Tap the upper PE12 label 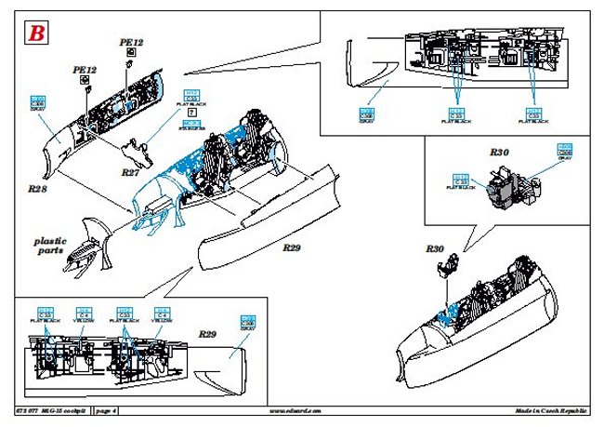pos(132,44)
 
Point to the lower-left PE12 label pos(85,70)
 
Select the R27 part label pos(130,172)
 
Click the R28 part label pos(38,187)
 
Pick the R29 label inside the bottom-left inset pos(207,332)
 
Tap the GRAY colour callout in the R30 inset pos(564,153)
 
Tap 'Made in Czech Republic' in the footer pos(551,410)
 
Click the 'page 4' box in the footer pos(105,410)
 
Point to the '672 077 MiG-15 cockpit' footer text pos(52,410)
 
